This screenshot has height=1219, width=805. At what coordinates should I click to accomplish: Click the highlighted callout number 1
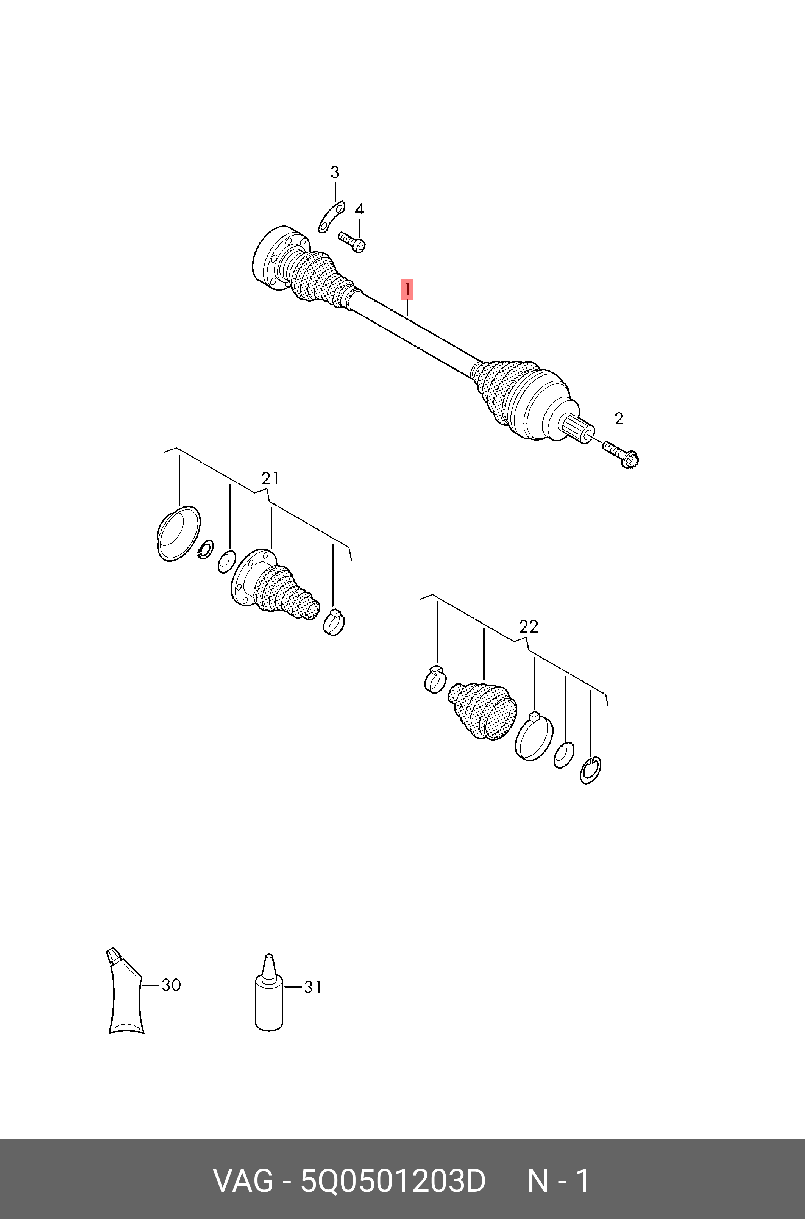point(407,290)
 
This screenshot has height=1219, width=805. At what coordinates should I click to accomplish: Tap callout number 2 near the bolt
point(619,419)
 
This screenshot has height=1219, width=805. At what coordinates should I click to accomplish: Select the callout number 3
point(335,172)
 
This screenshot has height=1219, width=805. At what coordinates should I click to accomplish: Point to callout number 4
point(359,208)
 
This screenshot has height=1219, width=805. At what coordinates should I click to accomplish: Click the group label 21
point(270,478)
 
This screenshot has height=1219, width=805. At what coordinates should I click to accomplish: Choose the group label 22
point(529,627)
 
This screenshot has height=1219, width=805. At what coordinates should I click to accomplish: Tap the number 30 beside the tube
point(171,985)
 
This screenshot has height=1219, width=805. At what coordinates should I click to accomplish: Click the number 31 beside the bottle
point(313,987)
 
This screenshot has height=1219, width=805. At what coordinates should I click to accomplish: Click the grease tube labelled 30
point(125,991)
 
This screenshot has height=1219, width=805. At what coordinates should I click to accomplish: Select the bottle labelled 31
point(269,992)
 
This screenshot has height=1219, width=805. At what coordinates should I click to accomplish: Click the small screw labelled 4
point(352,241)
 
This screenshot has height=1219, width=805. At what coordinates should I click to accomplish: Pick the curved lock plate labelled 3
point(331,217)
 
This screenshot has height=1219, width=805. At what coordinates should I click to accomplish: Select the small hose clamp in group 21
point(334,621)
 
